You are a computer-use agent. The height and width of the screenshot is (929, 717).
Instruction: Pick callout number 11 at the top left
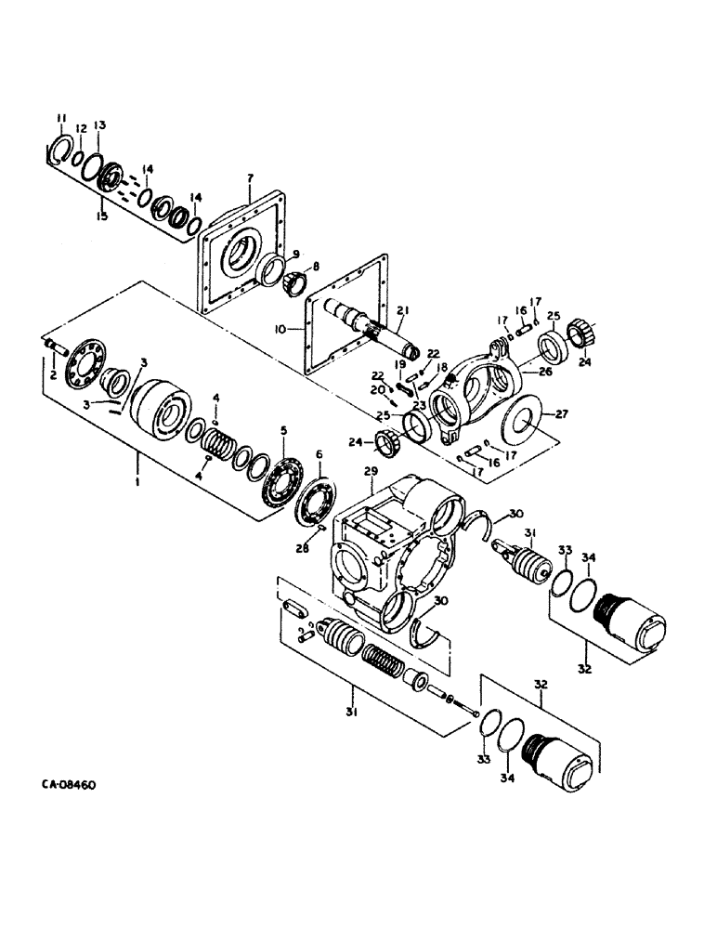click(61, 117)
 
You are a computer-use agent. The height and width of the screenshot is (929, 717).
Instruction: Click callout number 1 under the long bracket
click(138, 483)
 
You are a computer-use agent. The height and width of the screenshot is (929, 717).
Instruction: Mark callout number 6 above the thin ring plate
click(319, 453)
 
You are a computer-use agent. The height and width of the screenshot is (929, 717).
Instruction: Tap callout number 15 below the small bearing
click(101, 216)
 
